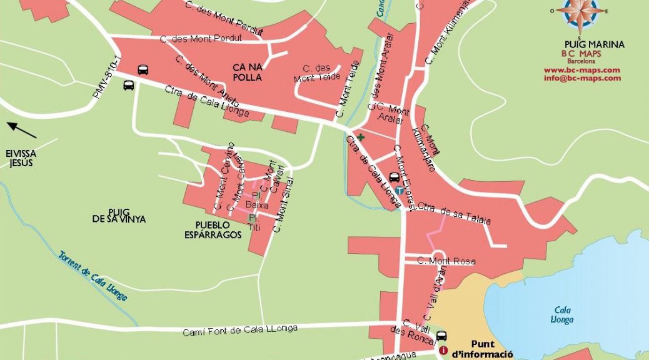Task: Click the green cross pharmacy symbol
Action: [x=361, y=136]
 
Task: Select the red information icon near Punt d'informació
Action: [x=444, y=351]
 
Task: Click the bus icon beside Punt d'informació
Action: [x=441, y=336]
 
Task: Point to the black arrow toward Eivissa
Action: [x=22, y=131]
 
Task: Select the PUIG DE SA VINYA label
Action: [x=119, y=214]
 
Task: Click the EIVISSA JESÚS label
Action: [x=21, y=158]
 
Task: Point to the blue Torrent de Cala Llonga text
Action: [x=93, y=276]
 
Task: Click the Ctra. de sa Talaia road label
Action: [x=454, y=214]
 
